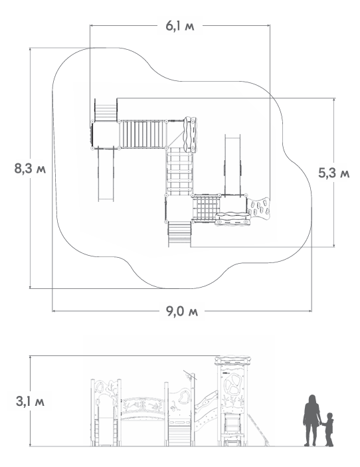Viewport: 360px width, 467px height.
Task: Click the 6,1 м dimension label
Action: coord(180,26)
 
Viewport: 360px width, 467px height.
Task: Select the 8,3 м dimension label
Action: coord(30,169)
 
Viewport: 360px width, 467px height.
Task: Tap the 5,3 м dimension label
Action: coord(334,173)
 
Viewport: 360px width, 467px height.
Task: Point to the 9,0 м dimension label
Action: coord(182,312)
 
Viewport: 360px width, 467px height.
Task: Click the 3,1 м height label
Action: coord(30,401)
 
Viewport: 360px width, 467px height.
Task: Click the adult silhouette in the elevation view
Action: coord(312,420)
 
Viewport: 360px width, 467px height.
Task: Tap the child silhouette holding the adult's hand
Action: coord(328,429)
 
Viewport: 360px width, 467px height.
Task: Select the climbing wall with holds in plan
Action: coord(259,207)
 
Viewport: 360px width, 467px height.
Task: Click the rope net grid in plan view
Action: coord(206,208)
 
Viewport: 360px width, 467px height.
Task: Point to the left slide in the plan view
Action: coord(106,174)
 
